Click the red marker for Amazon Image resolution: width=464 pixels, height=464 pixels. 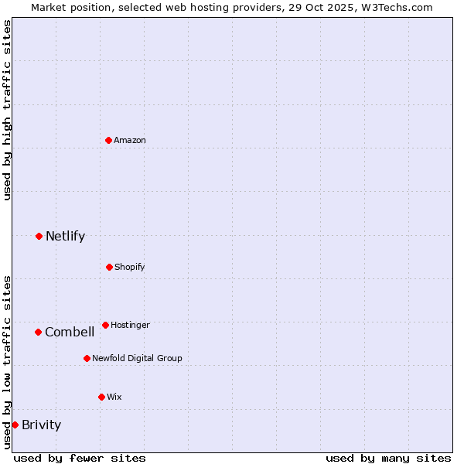pos(108,140)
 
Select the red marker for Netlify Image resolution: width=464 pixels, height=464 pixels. pos(39,236)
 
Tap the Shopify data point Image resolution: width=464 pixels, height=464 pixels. pos(109,267)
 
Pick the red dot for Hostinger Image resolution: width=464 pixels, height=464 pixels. pos(105,325)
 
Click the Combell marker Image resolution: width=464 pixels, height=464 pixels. pos(38,332)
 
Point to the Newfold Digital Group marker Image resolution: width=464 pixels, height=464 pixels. pos(87,358)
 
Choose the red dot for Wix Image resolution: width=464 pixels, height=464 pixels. pos(101,397)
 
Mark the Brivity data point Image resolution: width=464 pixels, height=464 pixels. pos(15,425)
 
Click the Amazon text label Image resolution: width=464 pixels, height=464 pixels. pos(130,140)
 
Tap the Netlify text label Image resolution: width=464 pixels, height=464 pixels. pos(65,236)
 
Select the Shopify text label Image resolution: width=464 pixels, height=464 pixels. pos(130,267)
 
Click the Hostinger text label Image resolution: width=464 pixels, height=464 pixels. pos(130,325)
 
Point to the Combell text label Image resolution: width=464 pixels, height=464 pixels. pos(70,332)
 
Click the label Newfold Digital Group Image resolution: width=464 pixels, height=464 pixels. pos(137,358)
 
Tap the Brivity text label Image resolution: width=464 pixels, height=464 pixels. pos(41,425)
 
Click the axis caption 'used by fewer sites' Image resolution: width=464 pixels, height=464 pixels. pos(80,458)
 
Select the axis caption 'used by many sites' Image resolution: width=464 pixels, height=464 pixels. pos(388,458)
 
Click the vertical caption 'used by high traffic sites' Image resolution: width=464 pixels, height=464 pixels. pos(7,110)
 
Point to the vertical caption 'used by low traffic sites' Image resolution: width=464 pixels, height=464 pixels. pos(7,361)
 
